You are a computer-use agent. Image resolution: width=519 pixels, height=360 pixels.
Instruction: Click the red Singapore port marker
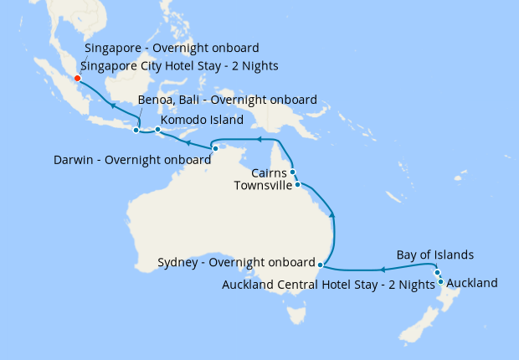[x=77, y=79]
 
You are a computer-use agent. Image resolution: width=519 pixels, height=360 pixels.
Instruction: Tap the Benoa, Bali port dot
[x=136, y=130]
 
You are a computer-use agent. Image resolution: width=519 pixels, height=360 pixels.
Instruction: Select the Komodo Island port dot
[x=158, y=130]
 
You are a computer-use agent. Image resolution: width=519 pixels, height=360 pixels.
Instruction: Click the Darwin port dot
[x=215, y=148]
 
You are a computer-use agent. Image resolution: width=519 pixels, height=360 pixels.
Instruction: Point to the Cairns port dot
[x=293, y=172]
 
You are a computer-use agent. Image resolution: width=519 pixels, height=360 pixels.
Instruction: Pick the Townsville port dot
[x=297, y=183]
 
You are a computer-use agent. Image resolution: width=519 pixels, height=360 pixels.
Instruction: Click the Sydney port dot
[x=320, y=264]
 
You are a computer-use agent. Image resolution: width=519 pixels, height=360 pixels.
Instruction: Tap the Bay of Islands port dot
[x=437, y=272]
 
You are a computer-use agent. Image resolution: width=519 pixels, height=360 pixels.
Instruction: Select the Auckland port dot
[x=440, y=281]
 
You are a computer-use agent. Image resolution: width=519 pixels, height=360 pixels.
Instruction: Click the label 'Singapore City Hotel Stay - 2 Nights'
[x=179, y=65]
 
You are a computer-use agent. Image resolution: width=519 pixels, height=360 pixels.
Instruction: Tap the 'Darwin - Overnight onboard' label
[x=131, y=159]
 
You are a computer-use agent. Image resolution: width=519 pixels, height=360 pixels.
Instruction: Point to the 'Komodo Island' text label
[x=202, y=120]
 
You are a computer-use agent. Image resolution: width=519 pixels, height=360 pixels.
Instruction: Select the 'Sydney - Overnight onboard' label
[x=235, y=263]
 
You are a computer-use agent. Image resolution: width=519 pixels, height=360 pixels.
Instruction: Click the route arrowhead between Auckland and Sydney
[x=382, y=270]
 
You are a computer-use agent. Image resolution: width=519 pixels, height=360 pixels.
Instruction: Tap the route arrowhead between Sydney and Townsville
[x=334, y=216]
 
